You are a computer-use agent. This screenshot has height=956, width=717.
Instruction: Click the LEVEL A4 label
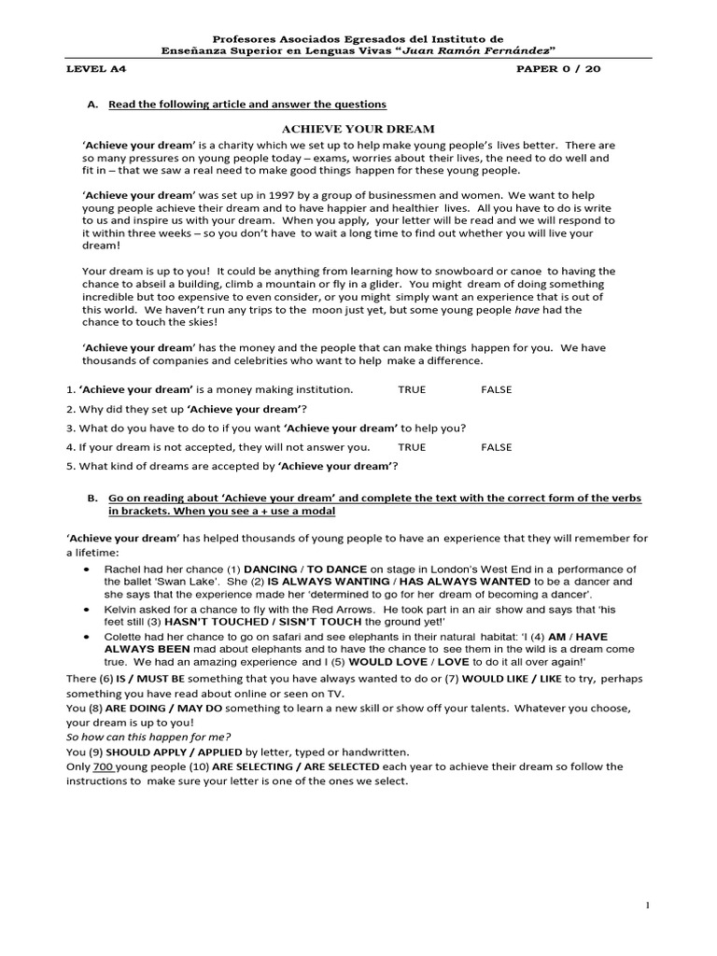coord(94,69)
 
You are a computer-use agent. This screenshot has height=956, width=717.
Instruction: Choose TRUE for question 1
coord(411,389)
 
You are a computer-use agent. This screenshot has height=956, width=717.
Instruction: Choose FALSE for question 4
coord(496,447)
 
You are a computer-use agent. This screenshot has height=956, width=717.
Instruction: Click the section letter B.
coord(92,499)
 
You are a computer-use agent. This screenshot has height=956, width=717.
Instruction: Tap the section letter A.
coord(92,104)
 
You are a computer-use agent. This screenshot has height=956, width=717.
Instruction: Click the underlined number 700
coord(105,766)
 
